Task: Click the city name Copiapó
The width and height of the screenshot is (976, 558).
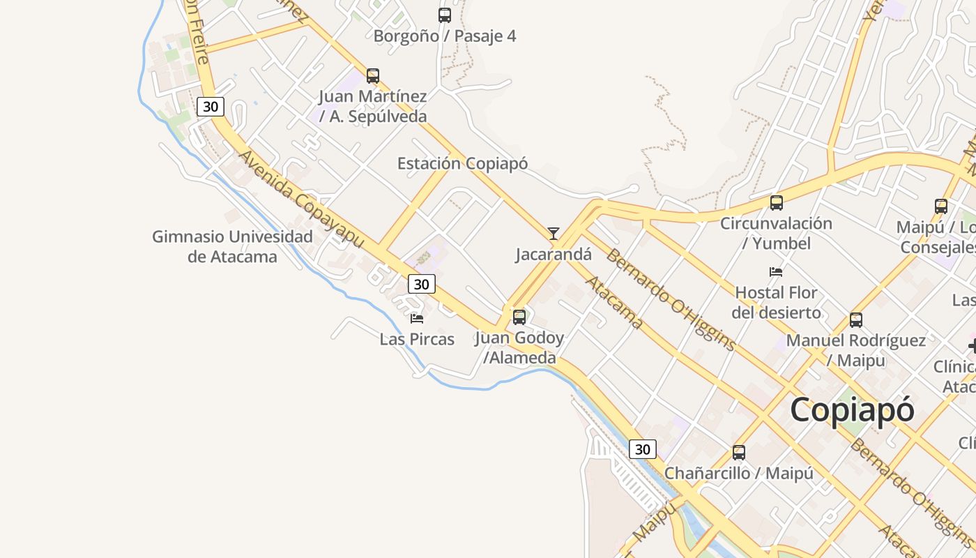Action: [x=851, y=409]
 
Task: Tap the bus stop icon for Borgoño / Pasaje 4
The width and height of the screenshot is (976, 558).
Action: [x=444, y=15]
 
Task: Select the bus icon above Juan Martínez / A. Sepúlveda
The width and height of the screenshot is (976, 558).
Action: [x=373, y=75]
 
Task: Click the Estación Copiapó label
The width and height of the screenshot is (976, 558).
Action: [x=462, y=164]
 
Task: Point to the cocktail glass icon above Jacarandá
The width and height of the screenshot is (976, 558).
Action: [x=554, y=233]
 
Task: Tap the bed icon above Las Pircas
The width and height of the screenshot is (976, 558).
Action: [x=417, y=318]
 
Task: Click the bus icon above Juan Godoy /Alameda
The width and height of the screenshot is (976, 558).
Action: [x=519, y=317]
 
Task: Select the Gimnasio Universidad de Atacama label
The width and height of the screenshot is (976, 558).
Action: [x=232, y=247]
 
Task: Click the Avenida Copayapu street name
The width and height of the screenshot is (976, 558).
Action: [x=301, y=199]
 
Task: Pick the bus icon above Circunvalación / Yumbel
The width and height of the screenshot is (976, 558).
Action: [x=776, y=203]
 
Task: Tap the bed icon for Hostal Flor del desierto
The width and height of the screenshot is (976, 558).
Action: [x=776, y=271]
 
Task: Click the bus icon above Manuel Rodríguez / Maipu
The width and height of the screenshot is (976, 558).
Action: [x=856, y=320]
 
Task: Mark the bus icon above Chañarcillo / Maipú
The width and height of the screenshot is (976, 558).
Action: [x=739, y=452]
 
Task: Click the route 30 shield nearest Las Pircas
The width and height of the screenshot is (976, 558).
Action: [x=421, y=284]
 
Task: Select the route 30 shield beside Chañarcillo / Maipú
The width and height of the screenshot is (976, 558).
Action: [x=642, y=449]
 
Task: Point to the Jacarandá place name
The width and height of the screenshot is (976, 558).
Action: [x=554, y=255]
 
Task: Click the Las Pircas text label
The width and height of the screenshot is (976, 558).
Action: [x=417, y=340]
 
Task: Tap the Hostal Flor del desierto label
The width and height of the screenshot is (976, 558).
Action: [x=776, y=302]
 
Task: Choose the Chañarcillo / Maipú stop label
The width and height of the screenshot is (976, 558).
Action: [x=739, y=473]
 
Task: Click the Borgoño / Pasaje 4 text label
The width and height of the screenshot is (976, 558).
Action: [x=445, y=36]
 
